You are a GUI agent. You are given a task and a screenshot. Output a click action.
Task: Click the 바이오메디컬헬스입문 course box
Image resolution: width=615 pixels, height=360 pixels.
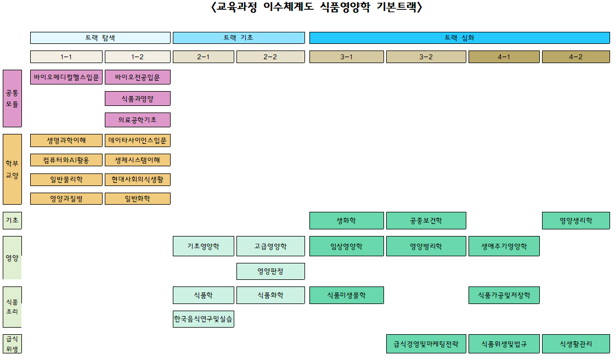(x=66, y=77)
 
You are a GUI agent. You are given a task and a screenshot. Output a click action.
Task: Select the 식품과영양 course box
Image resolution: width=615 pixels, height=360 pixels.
(x=138, y=99)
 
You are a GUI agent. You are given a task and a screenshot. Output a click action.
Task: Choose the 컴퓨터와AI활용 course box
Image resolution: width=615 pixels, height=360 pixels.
(x=66, y=160)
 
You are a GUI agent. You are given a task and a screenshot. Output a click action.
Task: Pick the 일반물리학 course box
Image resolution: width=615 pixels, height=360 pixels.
(x=66, y=179)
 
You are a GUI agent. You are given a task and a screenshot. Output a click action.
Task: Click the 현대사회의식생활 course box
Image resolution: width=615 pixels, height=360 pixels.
(x=138, y=179)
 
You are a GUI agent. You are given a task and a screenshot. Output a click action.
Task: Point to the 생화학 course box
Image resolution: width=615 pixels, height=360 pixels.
(x=346, y=221)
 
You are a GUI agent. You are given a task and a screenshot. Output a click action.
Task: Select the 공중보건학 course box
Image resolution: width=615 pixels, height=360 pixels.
(x=426, y=221)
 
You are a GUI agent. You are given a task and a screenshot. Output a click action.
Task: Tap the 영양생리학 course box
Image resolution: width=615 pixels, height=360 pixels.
(x=575, y=221)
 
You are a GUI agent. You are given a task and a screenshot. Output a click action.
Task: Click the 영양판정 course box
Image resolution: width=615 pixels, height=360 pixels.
(x=270, y=271)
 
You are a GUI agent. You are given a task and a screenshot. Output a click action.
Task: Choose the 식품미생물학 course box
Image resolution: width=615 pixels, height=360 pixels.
(x=346, y=295)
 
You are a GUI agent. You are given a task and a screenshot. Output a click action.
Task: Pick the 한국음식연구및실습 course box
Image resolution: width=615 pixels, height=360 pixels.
(x=204, y=319)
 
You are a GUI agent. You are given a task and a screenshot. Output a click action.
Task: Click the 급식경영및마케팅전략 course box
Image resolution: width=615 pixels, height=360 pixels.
(x=426, y=344)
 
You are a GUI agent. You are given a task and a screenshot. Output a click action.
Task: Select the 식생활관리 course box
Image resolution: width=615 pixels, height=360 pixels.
(x=575, y=344)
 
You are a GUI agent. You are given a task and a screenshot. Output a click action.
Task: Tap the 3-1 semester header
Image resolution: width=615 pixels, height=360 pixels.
(x=346, y=57)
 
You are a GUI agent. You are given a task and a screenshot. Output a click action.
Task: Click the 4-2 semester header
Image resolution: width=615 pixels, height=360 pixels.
(x=575, y=57)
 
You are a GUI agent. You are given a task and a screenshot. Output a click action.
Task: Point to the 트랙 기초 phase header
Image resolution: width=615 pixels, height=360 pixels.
(x=239, y=38)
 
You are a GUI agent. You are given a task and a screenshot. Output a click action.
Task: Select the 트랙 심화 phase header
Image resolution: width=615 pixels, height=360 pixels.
(x=459, y=38)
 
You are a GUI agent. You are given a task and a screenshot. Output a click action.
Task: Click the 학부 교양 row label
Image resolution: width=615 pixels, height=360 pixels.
(x=12, y=169)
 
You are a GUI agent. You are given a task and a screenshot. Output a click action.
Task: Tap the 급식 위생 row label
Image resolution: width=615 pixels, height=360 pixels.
(x=12, y=344)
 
